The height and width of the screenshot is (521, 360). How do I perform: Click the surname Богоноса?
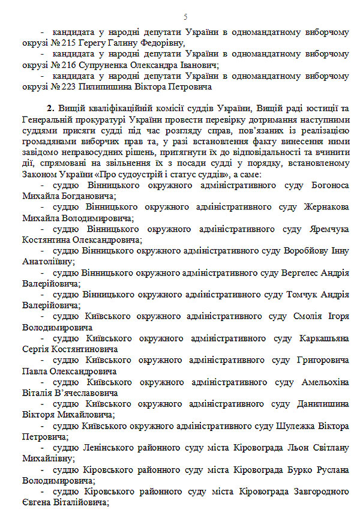[328, 185]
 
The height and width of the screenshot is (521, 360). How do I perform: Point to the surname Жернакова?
[323, 207]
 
